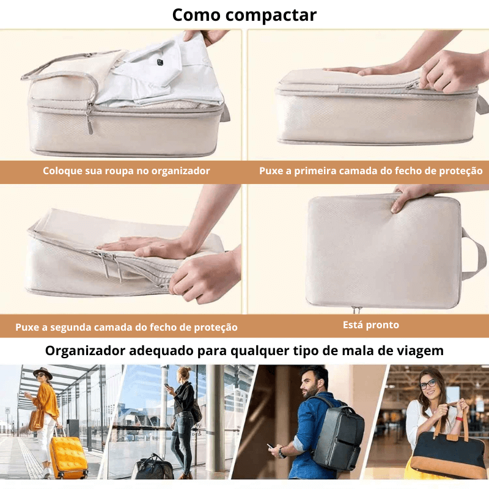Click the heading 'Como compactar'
coord(244,15)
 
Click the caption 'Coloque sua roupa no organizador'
coord(126,171)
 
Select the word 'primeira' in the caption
coord(334,171)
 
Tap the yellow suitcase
coord(68,455)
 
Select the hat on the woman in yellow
coord(42,373)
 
